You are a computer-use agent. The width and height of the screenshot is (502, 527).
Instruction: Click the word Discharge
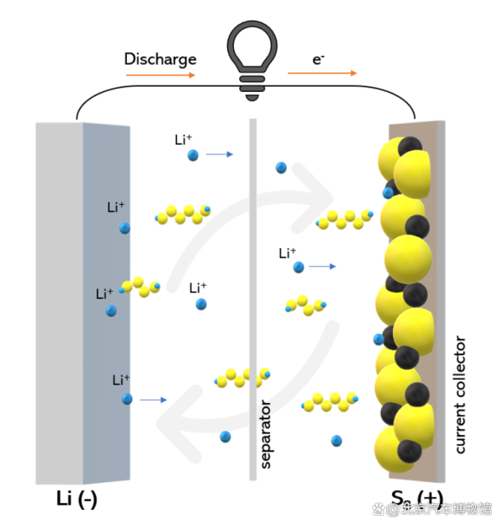160,59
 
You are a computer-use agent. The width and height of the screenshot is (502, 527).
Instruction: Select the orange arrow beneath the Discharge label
160,75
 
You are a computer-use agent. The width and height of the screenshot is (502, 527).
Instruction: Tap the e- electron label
318,59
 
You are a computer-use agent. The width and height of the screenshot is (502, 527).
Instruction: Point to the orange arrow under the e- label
322,73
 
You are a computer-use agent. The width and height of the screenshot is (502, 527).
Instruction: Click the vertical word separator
265,434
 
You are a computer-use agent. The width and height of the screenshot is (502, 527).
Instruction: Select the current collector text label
460,395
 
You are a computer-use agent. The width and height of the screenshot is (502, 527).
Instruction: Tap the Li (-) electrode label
76,499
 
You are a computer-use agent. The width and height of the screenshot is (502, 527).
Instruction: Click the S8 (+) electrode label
417,498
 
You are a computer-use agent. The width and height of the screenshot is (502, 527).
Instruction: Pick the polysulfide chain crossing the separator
242,378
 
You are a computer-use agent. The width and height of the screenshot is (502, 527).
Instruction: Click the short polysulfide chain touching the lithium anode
140,287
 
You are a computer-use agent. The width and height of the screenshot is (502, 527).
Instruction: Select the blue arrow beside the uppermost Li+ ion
219,154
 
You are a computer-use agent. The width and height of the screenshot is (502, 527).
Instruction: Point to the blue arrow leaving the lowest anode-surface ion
153,399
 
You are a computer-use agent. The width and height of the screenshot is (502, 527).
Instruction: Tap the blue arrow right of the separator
322,266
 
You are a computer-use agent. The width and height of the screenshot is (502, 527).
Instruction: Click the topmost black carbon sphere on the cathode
410,146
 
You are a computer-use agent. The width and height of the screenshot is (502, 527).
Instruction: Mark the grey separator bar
252,299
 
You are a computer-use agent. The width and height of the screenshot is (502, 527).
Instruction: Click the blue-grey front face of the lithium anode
106,303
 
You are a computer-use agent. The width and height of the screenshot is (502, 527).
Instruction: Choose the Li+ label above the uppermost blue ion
183,140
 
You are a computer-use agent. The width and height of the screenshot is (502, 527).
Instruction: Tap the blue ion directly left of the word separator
225,437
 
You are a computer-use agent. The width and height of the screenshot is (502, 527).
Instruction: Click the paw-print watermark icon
378,509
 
